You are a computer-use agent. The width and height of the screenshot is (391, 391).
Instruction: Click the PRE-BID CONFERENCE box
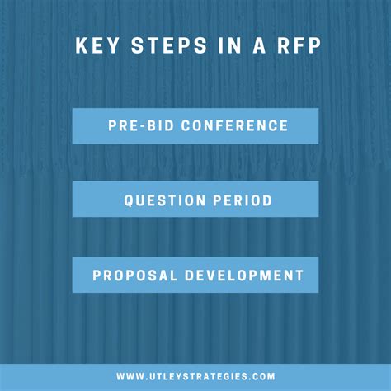(195, 126)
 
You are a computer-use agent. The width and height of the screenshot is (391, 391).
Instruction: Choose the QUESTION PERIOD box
(195, 200)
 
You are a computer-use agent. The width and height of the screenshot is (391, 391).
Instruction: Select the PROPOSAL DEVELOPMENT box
(195, 275)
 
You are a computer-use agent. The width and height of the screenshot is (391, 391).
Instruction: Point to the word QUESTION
(162, 200)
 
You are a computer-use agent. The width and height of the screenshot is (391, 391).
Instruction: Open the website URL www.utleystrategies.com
(195, 376)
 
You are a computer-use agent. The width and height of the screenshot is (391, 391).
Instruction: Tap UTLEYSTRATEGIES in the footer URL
(198, 376)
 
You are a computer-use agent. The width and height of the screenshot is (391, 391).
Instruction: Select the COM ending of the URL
(263, 376)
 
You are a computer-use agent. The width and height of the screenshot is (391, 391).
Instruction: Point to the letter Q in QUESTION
(129, 200)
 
